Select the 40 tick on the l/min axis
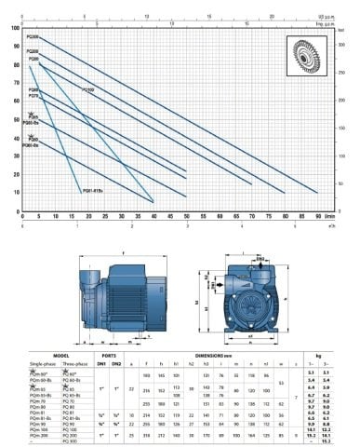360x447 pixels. (x=153, y=214)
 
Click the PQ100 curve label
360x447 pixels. (x=88, y=90)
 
